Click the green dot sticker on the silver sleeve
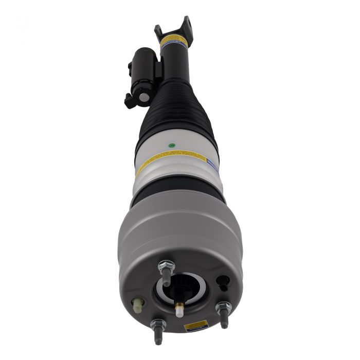coord(171,146)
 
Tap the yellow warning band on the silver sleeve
coord(170,160)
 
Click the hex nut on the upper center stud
coord(166,266)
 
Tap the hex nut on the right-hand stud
coord(223,308)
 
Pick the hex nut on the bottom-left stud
coord(158,325)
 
